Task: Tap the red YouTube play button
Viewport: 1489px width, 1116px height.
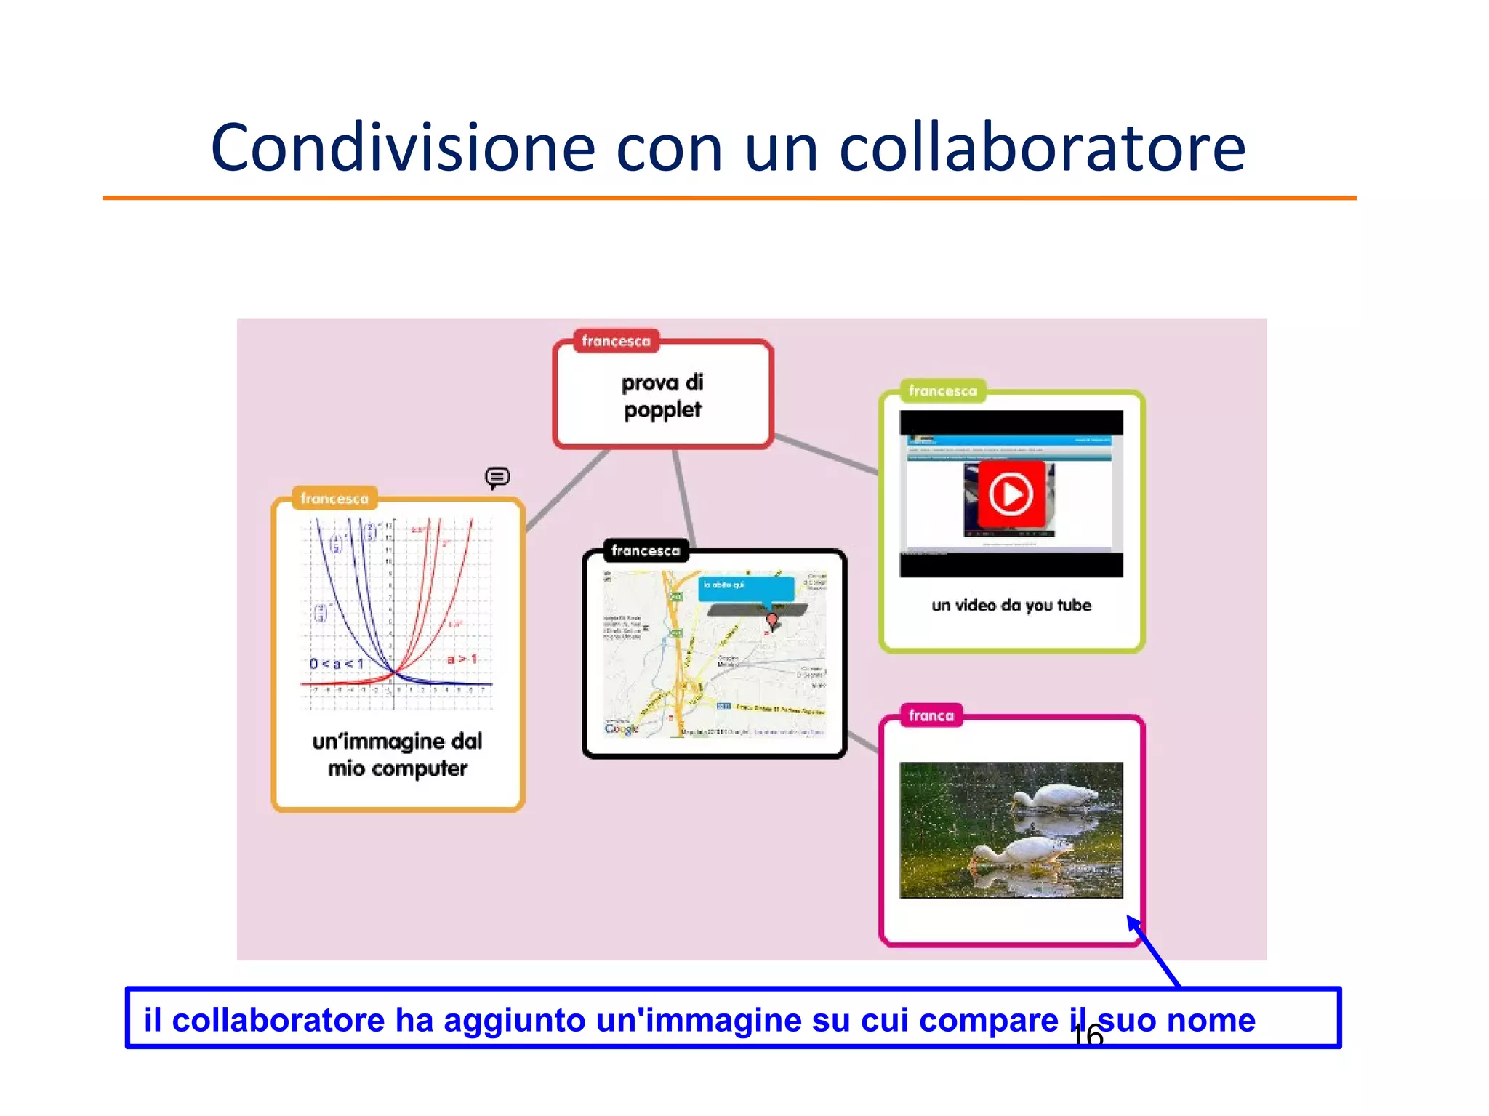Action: [x=1011, y=494]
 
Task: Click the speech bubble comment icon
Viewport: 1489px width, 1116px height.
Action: [x=497, y=477]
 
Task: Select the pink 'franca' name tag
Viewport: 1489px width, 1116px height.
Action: [x=931, y=715]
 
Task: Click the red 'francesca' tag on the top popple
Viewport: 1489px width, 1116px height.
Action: [x=616, y=341]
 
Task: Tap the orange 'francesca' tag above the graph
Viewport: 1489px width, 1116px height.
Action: [x=334, y=498]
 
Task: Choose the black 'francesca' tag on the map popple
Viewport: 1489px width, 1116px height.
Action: [x=646, y=550]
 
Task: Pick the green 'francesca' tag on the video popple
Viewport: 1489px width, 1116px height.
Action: [x=942, y=391]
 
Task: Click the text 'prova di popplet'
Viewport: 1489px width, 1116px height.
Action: [x=662, y=396]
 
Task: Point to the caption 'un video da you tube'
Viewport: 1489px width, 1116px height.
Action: [x=1011, y=605]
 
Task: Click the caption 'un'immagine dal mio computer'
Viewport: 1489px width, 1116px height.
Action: [x=397, y=755]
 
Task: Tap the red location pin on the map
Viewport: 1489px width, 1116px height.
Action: [x=772, y=619]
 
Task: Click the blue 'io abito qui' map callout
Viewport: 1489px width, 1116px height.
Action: [x=745, y=586]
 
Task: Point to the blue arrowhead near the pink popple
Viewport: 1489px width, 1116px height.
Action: [x=1133, y=923]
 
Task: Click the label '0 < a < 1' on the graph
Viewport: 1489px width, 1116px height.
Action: [x=336, y=663]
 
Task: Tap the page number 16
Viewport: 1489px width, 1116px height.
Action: [x=1088, y=1035]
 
